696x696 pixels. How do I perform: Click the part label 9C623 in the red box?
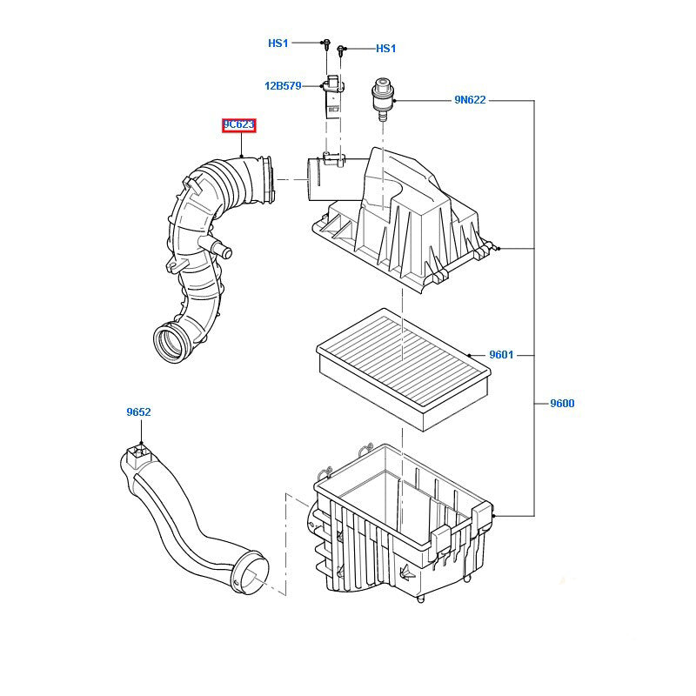[238, 125]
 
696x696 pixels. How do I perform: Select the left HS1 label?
[278, 43]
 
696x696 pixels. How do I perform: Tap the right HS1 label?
[385, 50]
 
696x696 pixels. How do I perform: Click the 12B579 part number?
[283, 86]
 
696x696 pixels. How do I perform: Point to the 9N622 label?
[470, 100]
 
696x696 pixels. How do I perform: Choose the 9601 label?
[501, 355]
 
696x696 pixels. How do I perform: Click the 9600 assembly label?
[562, 404]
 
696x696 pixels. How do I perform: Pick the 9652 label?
[138, 412]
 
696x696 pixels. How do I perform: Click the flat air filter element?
[402, 365]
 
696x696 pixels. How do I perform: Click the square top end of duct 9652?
[135, 453]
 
